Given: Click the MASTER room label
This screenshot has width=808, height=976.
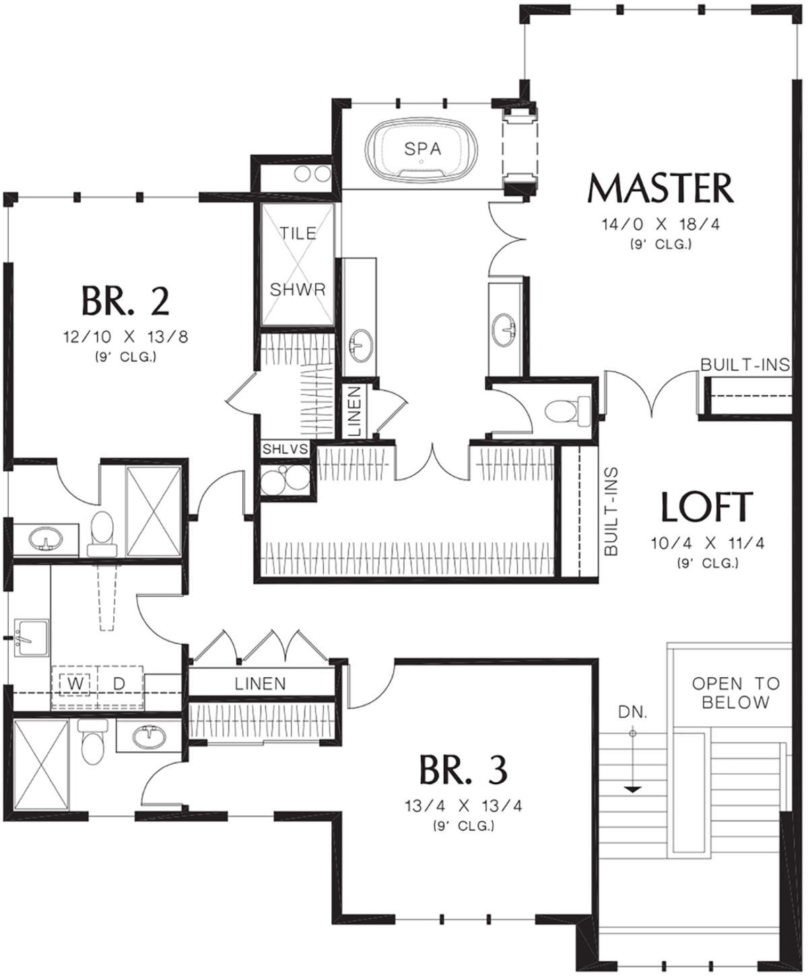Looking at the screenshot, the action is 660,188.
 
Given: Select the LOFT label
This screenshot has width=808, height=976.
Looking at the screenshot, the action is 707,506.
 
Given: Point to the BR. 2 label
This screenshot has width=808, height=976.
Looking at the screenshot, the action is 125,301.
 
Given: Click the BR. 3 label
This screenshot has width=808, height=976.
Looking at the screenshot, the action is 463,770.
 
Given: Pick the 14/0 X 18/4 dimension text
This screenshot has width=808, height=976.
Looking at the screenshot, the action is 661,225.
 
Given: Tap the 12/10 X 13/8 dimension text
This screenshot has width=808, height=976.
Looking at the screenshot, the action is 125,337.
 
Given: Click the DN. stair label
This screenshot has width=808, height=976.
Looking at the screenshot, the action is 633,712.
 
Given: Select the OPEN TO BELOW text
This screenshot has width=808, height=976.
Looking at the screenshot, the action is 736,693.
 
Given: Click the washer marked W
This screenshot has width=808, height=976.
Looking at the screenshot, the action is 75,683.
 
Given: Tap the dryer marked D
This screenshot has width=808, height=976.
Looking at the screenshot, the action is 120,684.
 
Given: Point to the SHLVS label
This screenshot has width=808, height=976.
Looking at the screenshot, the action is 285,449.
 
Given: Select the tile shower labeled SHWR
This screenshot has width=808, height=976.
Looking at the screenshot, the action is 298,264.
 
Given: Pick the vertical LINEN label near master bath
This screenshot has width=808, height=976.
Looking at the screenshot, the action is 356,411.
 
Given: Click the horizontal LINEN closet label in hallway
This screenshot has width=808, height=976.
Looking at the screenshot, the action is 260,684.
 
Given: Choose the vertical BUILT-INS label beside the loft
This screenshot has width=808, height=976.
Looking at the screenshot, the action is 611,512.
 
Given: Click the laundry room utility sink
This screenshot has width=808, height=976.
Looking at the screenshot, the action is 32,637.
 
